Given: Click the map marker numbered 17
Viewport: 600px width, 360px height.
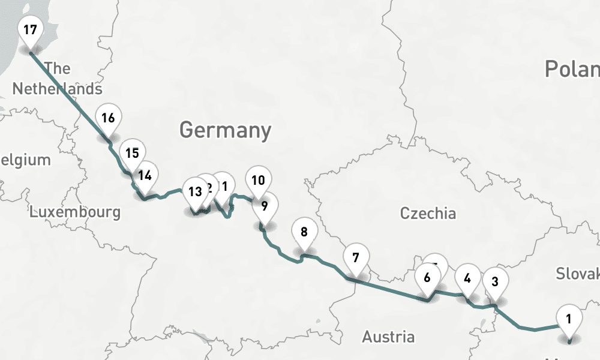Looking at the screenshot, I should (30, 29).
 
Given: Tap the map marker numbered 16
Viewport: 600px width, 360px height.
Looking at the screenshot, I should (108, 118).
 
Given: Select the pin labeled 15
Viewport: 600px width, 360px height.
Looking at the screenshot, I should (133, 152).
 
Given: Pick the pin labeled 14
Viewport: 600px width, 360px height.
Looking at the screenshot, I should (144, 175).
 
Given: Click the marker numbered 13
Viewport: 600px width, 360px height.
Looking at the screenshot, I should (195, 192).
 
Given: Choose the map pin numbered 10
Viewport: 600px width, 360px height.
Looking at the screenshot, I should (258, 180).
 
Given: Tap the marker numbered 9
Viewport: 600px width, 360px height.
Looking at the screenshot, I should (264, 206).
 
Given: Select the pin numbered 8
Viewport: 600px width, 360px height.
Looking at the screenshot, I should (304, 232).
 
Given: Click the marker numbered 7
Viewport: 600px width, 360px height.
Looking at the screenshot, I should (356, 258).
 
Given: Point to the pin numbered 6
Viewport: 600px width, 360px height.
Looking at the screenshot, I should (427, 278).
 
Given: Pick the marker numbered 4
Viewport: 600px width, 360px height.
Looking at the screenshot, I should (467, 278).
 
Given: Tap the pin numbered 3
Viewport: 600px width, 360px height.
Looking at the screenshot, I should (495, 281).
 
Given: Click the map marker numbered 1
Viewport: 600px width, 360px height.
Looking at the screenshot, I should (569, 319).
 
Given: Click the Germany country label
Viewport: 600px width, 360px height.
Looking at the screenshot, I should (225, 130).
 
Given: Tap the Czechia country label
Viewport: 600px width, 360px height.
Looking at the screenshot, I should (428, 213).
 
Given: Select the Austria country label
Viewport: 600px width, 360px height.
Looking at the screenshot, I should (388, 337).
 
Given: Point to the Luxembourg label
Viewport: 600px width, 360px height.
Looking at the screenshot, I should (74, 212).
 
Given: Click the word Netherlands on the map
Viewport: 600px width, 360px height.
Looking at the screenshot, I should (57, 89).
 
